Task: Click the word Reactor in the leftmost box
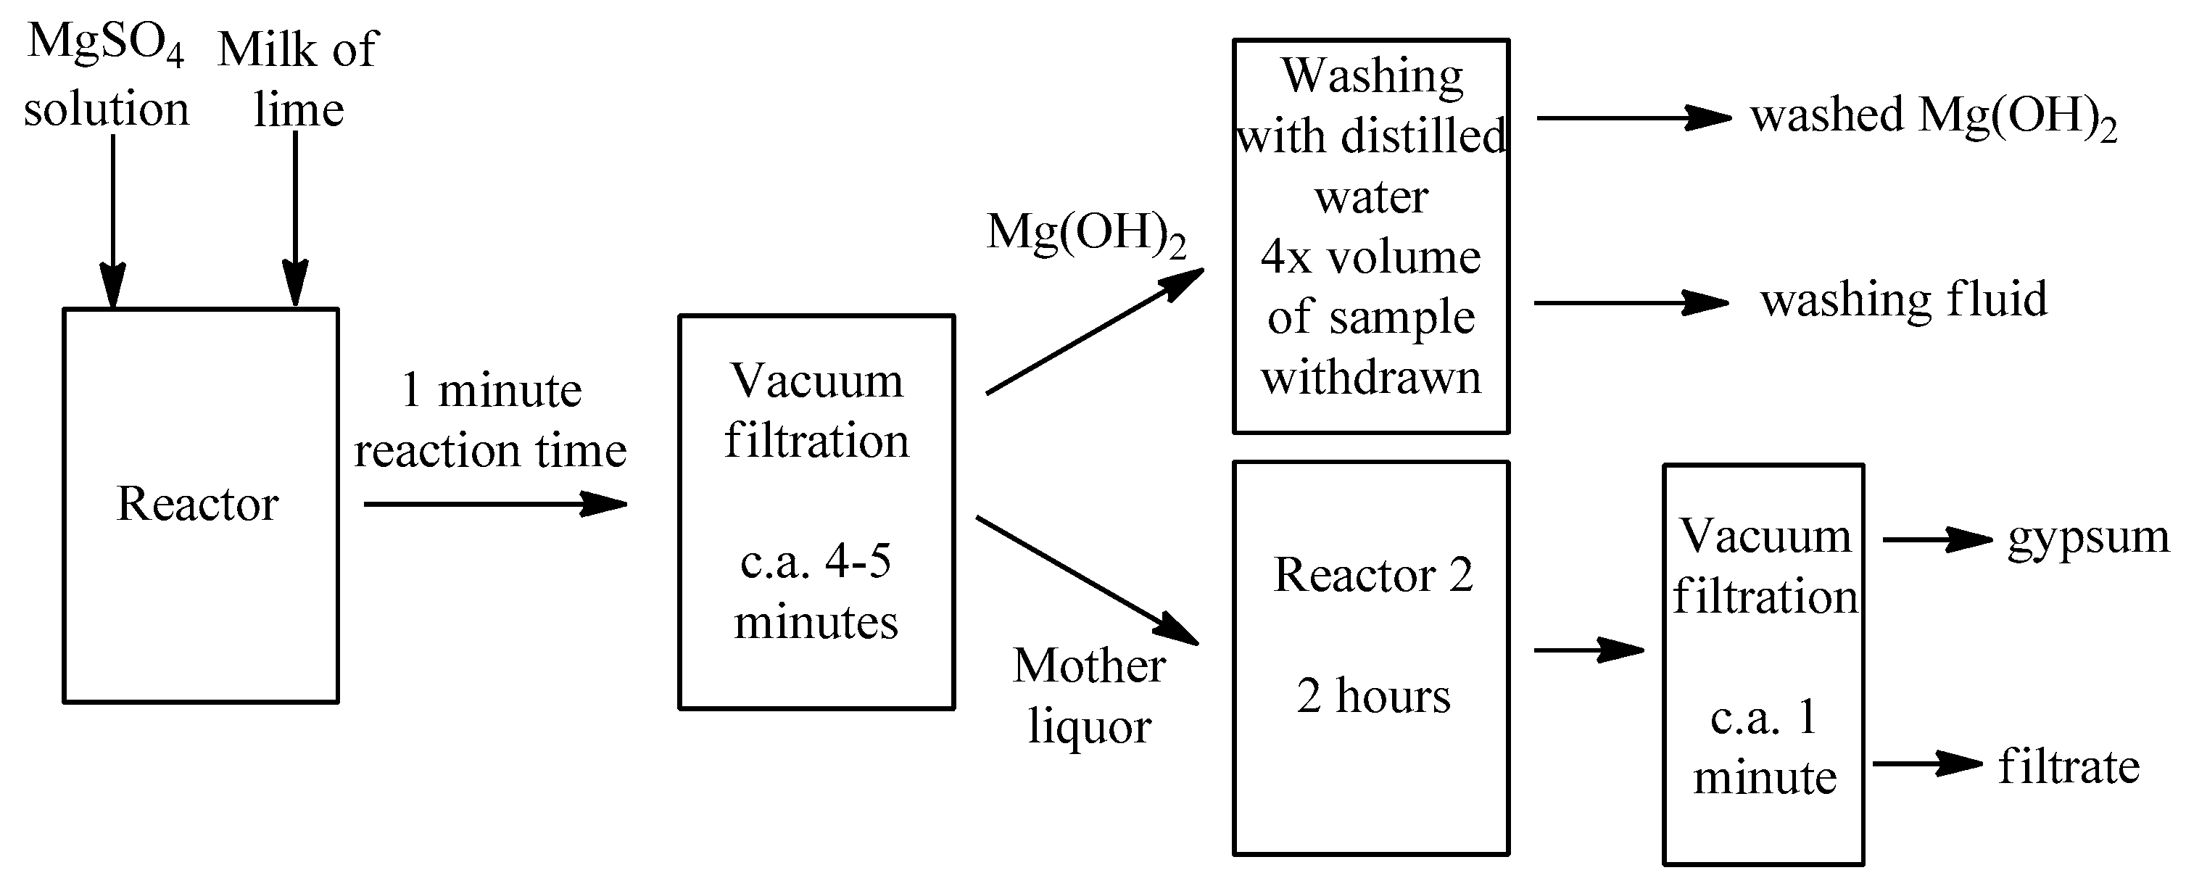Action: (198, 504)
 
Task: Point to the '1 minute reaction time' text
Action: (491, 420)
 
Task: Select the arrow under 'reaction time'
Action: (494, 504)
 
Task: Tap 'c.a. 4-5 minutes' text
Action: (816, 592)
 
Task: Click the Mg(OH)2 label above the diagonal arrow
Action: (1085, 233)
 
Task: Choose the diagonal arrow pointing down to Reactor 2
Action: (1087, 581)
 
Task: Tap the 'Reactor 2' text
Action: (1373, 576)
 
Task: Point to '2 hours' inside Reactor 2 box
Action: (1373, 697)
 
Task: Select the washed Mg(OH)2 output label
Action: (1933, 117)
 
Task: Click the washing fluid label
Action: (1903, 300)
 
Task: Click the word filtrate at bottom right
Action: (2069, 767)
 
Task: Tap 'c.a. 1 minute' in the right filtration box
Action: (1764, 748)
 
